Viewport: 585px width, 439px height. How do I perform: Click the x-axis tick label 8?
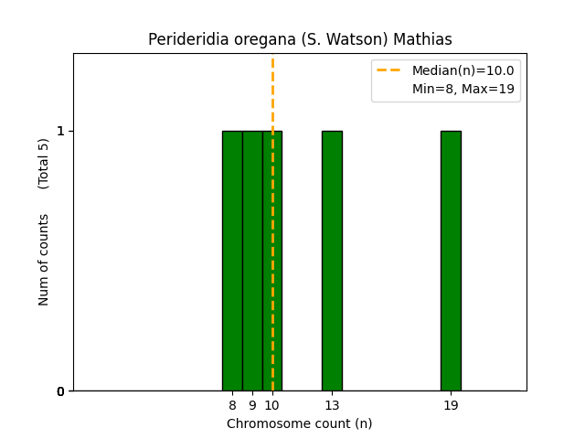(232, 405)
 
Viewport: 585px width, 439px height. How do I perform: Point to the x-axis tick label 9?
(252, 405)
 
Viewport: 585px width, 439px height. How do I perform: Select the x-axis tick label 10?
(272, 405)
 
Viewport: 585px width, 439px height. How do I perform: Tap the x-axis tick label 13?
(332, 405)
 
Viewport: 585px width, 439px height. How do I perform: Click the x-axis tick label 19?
(451, 405)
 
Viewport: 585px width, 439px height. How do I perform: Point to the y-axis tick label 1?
(61, 131)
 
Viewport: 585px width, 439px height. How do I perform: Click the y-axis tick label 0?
(61, 391)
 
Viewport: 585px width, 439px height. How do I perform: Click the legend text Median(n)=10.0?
(463, 70)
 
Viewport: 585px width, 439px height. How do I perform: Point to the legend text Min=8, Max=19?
(463, 89)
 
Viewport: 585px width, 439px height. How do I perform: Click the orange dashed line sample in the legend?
(389, 70)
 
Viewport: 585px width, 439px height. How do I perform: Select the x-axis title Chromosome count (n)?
(300, 423)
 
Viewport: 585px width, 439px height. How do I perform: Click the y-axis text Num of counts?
(44, 260)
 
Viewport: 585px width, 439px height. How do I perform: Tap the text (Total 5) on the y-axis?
(44, 164)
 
